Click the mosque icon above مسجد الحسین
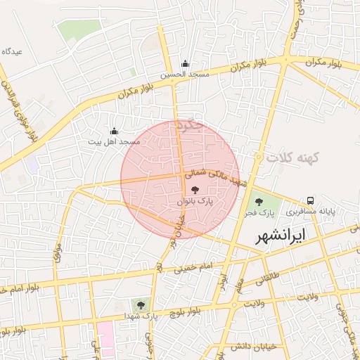point(185,63)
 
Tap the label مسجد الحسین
point(185,74)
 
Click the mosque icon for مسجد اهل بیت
point(114,131)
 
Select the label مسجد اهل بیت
point(114,142)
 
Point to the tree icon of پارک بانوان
point(195,190)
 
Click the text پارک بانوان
point(195,201)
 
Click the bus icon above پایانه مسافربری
point(310,200)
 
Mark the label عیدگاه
point(13,52)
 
